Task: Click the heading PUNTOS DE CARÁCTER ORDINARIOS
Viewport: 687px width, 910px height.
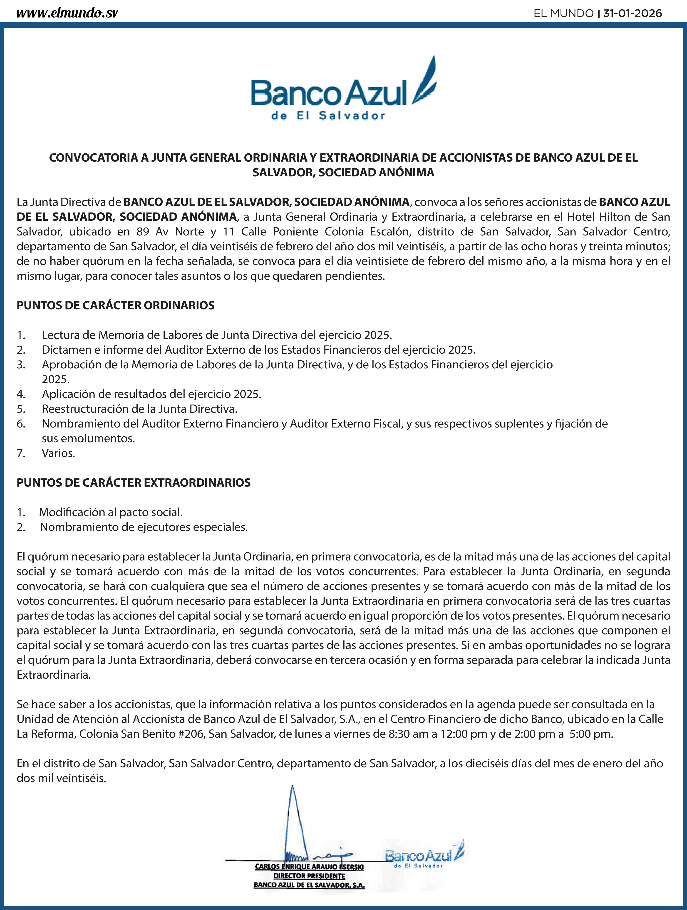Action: [x=116, y=305]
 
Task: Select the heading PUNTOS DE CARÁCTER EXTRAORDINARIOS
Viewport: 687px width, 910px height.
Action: [x=134, y=482]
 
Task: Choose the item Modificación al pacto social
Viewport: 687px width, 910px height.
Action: [x=111, y=512]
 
